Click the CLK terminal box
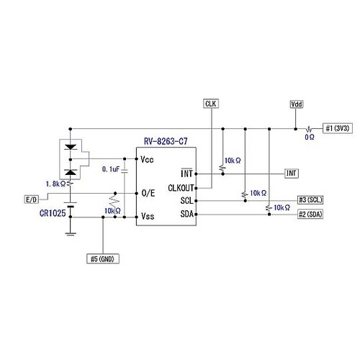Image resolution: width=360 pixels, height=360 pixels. pos(211,104)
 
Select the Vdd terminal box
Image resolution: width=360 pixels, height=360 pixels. pos(297,104)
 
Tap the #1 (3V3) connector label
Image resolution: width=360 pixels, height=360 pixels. pos(338,128)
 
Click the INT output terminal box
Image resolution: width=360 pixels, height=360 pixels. pos(292,173)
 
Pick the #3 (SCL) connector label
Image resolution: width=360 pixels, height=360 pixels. pos(310,200)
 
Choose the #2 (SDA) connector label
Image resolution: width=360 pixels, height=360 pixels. pos(310,214)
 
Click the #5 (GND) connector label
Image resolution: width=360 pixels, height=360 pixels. pos(103,258)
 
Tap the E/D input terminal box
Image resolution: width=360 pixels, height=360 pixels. pos(32,199)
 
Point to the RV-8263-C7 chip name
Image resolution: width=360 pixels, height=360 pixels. pos(166,141)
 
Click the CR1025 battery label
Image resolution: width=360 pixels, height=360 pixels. pos(53,213)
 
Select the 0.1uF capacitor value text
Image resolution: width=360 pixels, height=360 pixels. pos(111,169)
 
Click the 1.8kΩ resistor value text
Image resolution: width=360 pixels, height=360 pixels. pos(55,184)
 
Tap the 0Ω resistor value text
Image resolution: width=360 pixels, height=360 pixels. pos(310,137)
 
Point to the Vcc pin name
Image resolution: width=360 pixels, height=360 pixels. pos(147,159)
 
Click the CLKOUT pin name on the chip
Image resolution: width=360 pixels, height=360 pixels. pos(181,188)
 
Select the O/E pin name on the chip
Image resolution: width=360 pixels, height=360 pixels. pos(148,193)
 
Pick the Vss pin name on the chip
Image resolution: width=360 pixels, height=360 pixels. pos(148,216)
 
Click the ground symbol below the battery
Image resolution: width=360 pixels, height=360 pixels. pos(71,234)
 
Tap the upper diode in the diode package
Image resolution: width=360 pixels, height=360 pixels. pos(71,147)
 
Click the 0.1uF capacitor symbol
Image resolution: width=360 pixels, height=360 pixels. pos(125,171)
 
